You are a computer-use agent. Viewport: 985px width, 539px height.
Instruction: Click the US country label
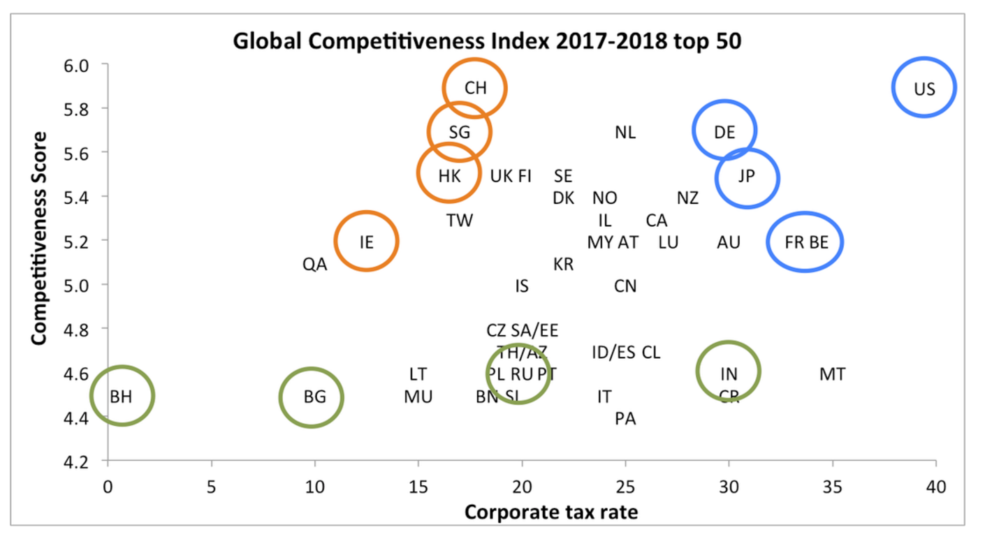click(924, 88)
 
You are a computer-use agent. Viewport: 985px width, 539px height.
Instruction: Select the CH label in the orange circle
click(475, 88)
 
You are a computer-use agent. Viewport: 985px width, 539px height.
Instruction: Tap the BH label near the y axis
click(121, 397)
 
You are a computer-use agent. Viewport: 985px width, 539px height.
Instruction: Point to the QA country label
click(314, 265)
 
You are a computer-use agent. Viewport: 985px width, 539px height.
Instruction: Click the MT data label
click(832, 375)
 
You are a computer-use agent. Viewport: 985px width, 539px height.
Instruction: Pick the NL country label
click(625, 132)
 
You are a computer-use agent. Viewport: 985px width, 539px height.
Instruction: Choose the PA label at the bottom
click(625, 419)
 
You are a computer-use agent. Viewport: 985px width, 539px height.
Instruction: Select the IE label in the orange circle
click(366, 242)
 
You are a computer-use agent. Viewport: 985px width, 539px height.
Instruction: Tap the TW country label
click(459, 221)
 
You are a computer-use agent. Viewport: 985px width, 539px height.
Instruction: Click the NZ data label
click(687, 198)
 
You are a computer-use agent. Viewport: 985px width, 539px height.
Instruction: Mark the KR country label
click(563, 265)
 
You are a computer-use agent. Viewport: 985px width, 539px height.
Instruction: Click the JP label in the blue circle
click(746, 177)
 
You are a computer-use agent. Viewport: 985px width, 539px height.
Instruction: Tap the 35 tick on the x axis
click(832, 485)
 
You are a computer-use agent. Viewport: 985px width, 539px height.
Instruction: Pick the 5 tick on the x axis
click(211, 485)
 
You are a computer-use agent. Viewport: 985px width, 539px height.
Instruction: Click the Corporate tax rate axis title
click(551, 513)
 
